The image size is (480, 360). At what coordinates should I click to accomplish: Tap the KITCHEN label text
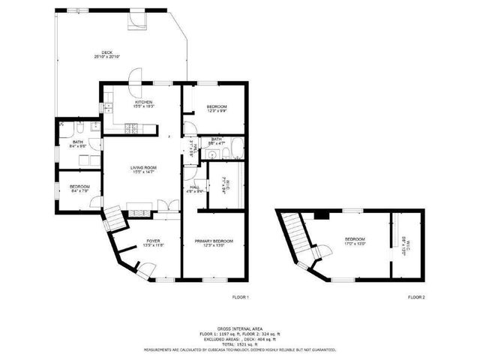[143, 103]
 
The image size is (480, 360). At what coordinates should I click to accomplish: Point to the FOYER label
[152, 242]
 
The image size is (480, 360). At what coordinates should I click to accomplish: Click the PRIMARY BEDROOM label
[214, 242]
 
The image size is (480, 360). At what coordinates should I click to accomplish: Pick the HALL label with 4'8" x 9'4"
[195, 189]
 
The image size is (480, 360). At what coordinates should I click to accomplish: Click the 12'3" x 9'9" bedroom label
[216, 108]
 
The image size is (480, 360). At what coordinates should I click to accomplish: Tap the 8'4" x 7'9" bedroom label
[79, 187]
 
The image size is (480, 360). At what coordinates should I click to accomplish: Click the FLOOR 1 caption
[240, 298]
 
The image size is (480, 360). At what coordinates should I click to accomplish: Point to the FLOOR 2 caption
[416, 298]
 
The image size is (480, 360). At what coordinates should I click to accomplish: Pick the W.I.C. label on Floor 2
[403, 244]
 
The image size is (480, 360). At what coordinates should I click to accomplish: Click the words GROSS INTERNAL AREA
[239, 328]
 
